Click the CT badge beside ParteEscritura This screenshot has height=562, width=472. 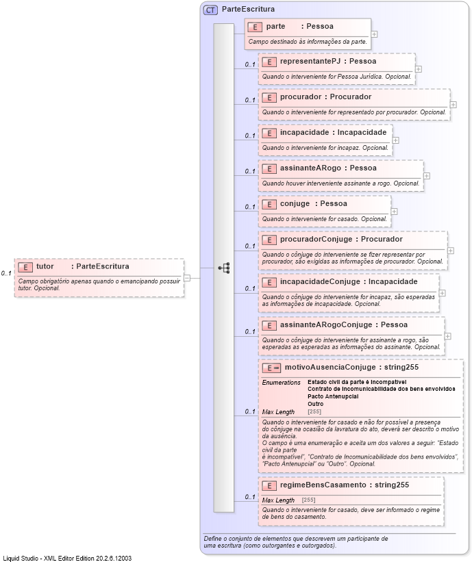[211, 10]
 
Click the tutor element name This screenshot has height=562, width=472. [45, 266]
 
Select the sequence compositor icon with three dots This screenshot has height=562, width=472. [223, 268]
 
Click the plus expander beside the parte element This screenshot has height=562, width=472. [374, 34]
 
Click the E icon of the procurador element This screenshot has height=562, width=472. [269, 97]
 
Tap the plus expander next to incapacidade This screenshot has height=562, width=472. [396, 140]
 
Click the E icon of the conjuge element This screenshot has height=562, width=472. [269, 204]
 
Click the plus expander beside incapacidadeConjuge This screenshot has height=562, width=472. [442, 292]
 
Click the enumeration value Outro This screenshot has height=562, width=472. [316, 404]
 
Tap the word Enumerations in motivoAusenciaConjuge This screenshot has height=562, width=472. [282, 381]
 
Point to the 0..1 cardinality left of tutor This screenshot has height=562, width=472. [6, 273]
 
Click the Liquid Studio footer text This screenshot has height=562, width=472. [67, 558]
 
